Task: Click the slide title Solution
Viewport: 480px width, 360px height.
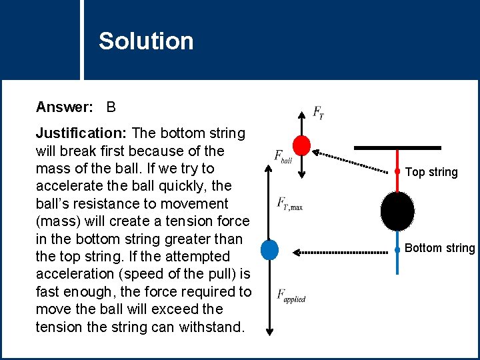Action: pos(146,41)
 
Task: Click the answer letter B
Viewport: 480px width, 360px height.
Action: pos(111,107)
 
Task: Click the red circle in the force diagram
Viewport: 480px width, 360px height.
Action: pos(302,145)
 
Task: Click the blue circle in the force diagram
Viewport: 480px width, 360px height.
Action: pos(269,249)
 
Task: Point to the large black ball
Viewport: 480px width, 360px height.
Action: pos(397,211)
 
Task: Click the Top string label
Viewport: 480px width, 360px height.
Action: pos(431,172)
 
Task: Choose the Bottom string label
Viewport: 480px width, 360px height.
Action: pos(440,248)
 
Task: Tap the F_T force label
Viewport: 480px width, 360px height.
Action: pos(319,113)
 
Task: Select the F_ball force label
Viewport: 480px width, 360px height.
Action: pos(283,156)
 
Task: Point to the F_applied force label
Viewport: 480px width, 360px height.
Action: pos(291,295)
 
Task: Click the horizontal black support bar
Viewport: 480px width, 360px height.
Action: pos(397,147)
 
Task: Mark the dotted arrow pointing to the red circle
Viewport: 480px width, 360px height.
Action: pos(353,160)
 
